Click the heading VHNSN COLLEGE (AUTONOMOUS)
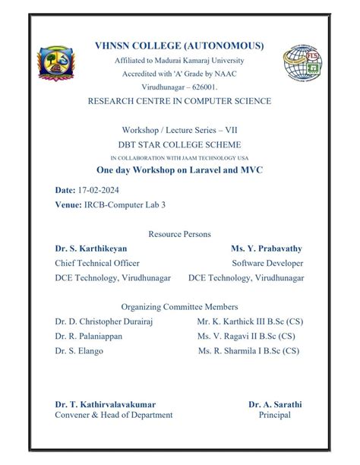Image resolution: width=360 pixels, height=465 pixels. (x=179, y=46)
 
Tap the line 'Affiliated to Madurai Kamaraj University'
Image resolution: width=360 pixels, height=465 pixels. (x=179, y=60)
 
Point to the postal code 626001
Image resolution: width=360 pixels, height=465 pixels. (x=203, y=87)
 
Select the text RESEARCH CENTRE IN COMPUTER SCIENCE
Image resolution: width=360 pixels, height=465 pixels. (x=179, y=101)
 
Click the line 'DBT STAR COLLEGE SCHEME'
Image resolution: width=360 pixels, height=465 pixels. (x=179, y=144)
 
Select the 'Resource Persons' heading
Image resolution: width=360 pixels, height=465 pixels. (x=179, y=234)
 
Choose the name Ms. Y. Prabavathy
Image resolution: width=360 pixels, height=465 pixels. (x=267, y=248)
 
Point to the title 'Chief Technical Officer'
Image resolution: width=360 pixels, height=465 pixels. (x=97, y=263)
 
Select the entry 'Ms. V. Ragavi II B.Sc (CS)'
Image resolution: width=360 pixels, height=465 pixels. (x=247, y=336)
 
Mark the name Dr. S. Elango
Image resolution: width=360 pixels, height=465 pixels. (x=84, y=351)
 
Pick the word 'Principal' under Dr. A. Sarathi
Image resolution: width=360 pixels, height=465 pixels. (x=274, y=415)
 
